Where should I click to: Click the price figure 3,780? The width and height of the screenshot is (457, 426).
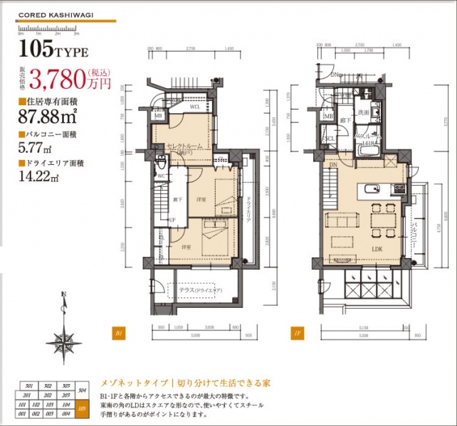coord(61,77)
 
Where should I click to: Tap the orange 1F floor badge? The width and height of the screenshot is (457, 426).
coord(295,332)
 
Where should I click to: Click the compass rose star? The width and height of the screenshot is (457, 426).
coord(63,346)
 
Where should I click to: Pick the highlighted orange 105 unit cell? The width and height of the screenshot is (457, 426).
coord(84,408)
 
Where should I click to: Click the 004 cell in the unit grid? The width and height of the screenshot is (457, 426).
coord(66,412)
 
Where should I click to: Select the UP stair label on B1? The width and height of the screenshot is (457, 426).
coord(172,220)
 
